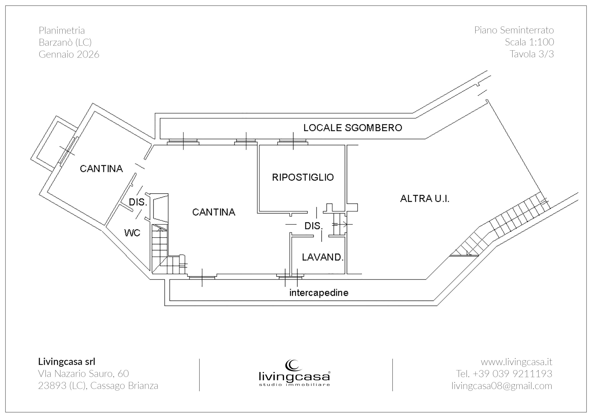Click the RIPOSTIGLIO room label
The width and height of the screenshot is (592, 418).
[x=303, y=177]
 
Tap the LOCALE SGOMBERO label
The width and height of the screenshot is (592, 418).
[x=352, y=128]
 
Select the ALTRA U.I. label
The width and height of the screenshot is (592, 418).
[x=424, y=198]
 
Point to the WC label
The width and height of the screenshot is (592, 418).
[x=132, y=233]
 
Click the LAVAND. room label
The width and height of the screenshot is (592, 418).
[x=323, y=257]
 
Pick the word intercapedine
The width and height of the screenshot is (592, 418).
[x=319, y=293]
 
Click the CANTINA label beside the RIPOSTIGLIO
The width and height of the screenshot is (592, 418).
[x=214, y=212]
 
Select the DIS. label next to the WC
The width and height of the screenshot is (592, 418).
[x=138, y=202]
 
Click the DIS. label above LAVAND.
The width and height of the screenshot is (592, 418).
[x=314, y=226]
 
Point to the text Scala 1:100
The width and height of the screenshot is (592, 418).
[x=529, y=42]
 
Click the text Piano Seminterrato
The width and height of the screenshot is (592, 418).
[x=514, y=30]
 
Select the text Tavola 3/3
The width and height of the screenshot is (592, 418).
[x=531, y=54]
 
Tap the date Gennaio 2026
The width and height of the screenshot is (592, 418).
[x=69, y=54]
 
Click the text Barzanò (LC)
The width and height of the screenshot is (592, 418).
[x=65, y=42]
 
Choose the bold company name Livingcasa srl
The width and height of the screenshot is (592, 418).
[x=67, y=362]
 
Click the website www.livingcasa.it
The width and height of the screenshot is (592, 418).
[x=516, y=362]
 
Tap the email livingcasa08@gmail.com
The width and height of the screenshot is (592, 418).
[x=502, y=385]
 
